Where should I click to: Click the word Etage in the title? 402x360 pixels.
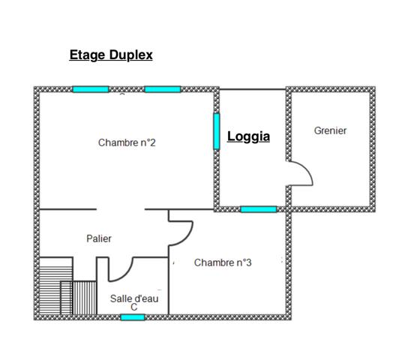pyautogui.click(x=85, y=55)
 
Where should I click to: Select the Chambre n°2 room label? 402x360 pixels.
pyautogui.click(x=127, y=142)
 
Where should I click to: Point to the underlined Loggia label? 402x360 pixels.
pyautogui.click(x=248, y=137)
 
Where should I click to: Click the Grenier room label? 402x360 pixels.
pyautogui.click(x=330, y=130)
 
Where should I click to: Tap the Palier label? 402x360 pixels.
pyautogui.click(x=99, y=238)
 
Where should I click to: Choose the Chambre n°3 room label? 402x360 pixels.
pyautogui.click(x=223, y=262)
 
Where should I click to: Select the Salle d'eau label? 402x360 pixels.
pyautogui.click(x=134, y=298)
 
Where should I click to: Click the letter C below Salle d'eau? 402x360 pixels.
pyautogui.click(x=134, y=307)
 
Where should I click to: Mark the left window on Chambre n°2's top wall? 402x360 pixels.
pyautogui.click(x=91, y=89)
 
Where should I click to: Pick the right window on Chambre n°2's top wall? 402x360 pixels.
pyautogui.click(x=163, y=89)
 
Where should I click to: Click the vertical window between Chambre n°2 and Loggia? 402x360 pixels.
pyautogui.click(x=217, y=131)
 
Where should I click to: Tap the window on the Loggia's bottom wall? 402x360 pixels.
pyautogui.click(x=259, y=209)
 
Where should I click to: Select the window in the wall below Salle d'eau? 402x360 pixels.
pyautogui.click(x=133, y=317)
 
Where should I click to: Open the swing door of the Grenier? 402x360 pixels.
pyautogui.click(x=299, y=174)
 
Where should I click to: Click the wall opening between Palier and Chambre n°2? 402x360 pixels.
pyautogui.click(x=120, y=209)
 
